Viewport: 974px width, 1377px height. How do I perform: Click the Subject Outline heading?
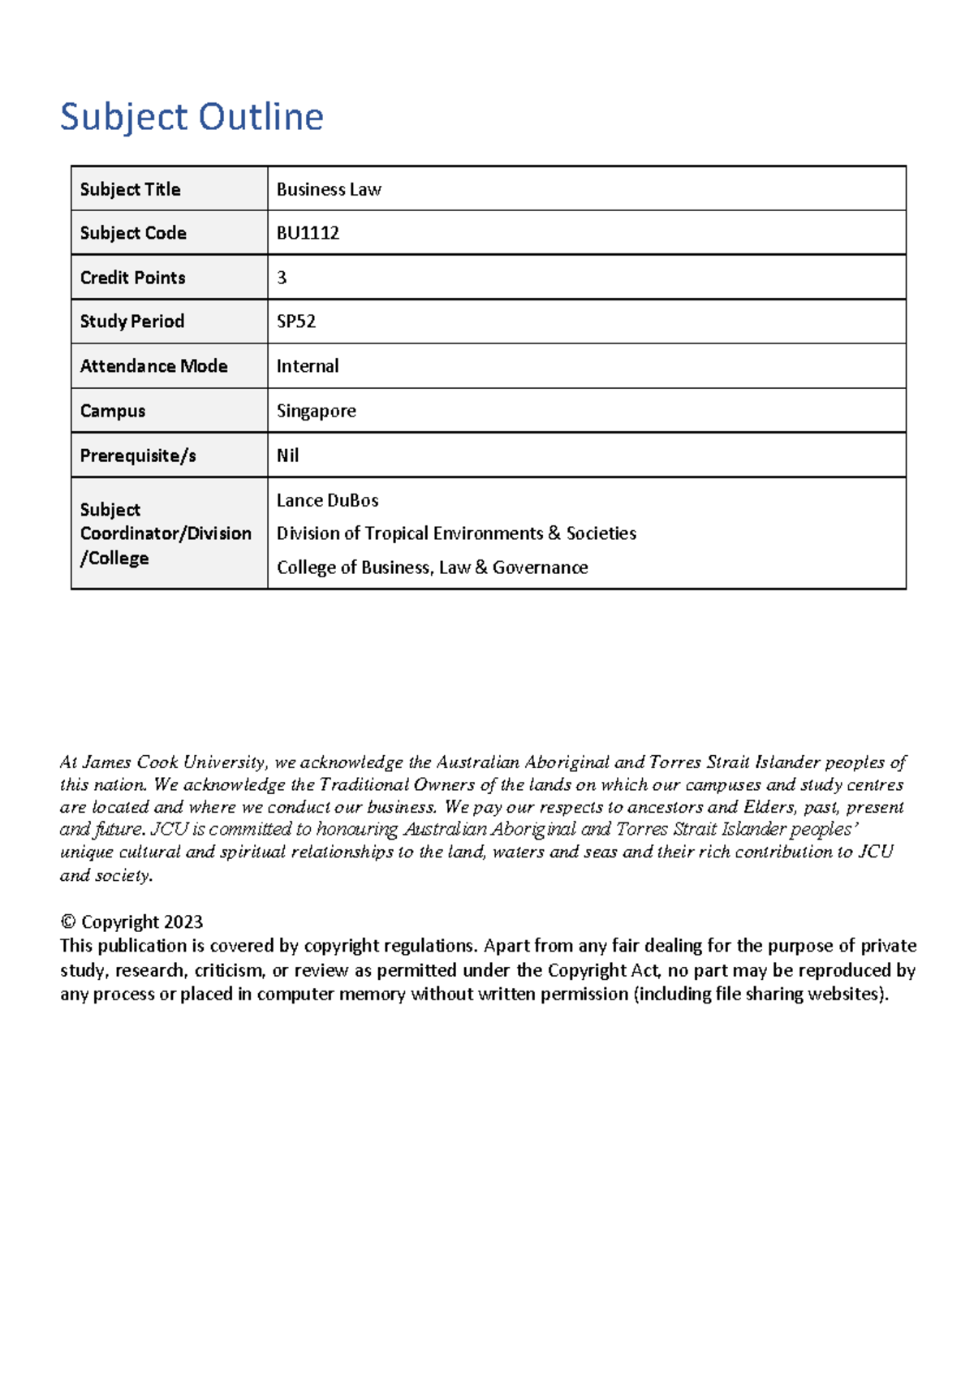point(192,117)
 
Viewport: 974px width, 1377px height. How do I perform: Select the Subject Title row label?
point(130,189)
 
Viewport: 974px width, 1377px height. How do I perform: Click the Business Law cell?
point(329,189)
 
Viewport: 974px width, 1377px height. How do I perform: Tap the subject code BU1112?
point(308,233)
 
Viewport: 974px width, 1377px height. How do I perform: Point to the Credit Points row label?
point(132,278)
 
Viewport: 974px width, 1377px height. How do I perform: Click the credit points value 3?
point(282,278)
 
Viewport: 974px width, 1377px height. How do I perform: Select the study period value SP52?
point(296,322)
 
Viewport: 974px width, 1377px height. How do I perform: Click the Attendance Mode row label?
point(153,366)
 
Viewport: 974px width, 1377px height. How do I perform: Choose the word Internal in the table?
point(308,366)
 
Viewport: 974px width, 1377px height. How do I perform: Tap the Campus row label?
point(113,411)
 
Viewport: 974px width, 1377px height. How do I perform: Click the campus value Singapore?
point(317,411)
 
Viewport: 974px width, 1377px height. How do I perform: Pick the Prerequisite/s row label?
point(138,455)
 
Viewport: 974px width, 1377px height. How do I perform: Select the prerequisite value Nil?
point(287,455)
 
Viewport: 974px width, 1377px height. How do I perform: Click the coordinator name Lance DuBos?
point(328,500)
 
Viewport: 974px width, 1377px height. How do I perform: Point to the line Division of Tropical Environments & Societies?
point(456,533)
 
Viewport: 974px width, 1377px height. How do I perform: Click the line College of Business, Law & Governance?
point(432,568)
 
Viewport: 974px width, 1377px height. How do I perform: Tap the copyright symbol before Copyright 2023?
point(68,922)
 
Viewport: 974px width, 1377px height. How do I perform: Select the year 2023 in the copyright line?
point(183,922)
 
